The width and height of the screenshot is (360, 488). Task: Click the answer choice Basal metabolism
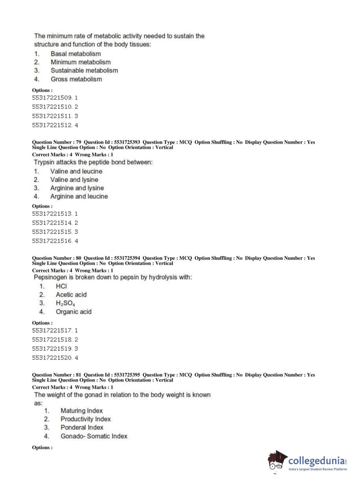(76, 54)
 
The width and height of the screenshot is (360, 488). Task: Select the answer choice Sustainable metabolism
(84, 71)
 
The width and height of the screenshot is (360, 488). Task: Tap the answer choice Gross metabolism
(76, 79)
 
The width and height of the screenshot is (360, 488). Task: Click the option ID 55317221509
(52, 98)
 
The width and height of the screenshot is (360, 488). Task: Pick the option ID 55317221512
(52, 125)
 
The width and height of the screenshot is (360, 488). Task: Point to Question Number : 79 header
(56, 142)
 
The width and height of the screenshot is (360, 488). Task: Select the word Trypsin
(44, 162)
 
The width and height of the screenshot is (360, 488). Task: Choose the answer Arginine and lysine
(77, 188)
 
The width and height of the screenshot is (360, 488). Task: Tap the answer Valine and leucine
(76, 172)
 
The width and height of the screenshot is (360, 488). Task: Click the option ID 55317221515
(52, 232)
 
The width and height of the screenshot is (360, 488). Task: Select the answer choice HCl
(61, 286)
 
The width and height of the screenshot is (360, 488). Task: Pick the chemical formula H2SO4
(65, 303)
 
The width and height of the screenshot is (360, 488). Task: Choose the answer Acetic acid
(71, 295)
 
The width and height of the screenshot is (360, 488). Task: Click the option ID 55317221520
(52, 358)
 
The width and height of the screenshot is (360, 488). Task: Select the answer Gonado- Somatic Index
(94, 436)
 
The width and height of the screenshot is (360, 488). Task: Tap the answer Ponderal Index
(82, 428)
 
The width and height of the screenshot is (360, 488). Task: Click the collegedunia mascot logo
(277, 461)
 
